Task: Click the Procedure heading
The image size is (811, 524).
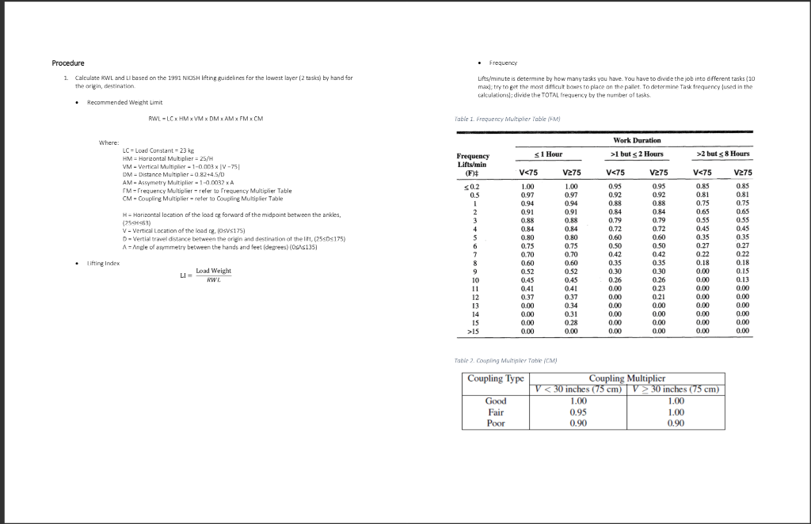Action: (x=68, y=63)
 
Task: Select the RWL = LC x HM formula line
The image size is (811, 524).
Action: (x=205, y=119)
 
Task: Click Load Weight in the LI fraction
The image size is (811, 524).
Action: (x=213, y=271)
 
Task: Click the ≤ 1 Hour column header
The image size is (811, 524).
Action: (x=547, y=153)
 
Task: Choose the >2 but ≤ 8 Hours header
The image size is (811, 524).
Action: (x=722, y=153)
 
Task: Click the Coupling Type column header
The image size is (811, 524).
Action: (x=496, y=378)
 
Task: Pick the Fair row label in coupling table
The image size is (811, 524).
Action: (x=496, y=412)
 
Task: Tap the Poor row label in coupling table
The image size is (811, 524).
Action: (x=496, y=423)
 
